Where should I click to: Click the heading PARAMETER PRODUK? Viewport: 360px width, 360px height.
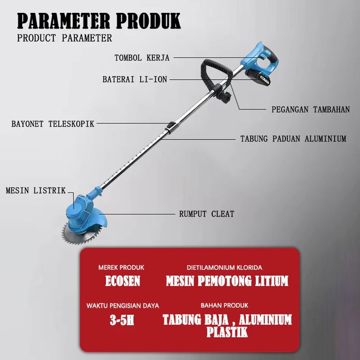99,21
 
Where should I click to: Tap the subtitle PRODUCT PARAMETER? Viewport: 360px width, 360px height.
64,38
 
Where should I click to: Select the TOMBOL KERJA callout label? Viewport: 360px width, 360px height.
142,58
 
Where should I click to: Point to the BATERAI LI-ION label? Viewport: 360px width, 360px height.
135,79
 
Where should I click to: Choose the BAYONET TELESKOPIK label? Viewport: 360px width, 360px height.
53,123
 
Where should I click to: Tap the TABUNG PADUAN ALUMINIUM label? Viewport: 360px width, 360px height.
293,139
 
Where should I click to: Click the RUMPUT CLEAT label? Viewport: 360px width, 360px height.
206,214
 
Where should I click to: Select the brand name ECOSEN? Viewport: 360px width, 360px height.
122,281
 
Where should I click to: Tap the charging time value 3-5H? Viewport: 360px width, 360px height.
122,320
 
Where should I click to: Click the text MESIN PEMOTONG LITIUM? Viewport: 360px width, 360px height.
227,281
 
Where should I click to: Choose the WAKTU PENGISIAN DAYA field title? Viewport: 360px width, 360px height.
122,305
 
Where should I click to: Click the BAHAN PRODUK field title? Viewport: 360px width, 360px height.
225,305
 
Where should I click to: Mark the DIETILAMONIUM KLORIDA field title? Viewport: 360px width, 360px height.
225,267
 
